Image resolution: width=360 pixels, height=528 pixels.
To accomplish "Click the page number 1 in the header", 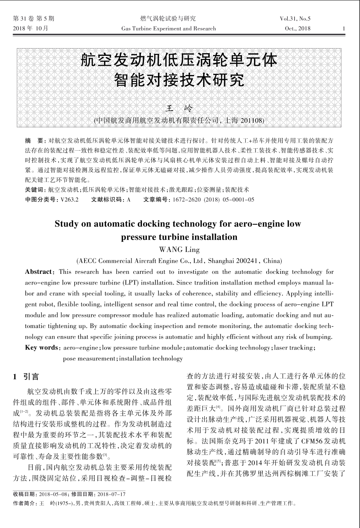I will click(344, 29).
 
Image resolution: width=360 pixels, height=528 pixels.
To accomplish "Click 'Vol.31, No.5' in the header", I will click(295, 18).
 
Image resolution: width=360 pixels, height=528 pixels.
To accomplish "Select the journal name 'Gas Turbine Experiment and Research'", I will click(168, 29).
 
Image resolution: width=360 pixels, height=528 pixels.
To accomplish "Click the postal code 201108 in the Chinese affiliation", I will click(251, 120).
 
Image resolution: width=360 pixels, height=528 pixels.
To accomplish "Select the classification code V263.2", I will click(69, 199).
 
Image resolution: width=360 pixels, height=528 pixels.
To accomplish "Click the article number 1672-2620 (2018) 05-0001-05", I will click(213, 199).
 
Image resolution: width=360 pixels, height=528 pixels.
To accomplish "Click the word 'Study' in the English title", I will click(67, 223).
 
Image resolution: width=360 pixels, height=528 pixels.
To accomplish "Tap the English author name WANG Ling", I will click(179, 250).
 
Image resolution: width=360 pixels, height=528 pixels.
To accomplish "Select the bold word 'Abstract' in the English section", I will click(39, 272).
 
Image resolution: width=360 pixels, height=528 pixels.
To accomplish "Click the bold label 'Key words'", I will click(41, 348).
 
